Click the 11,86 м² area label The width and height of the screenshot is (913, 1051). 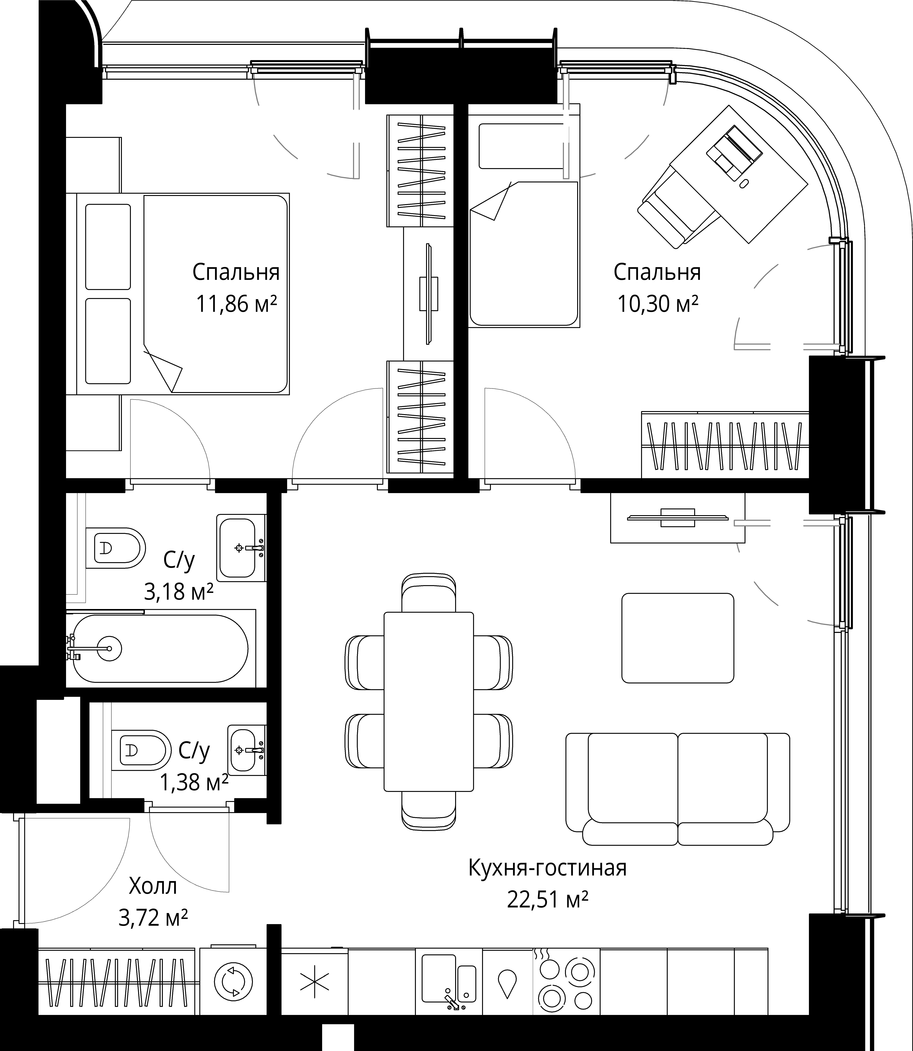(236, 305)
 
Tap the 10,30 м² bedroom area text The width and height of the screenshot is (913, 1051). (657, 305)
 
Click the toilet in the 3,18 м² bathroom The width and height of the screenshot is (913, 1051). (116, 548)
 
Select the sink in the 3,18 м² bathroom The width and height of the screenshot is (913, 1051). (240, 548)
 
